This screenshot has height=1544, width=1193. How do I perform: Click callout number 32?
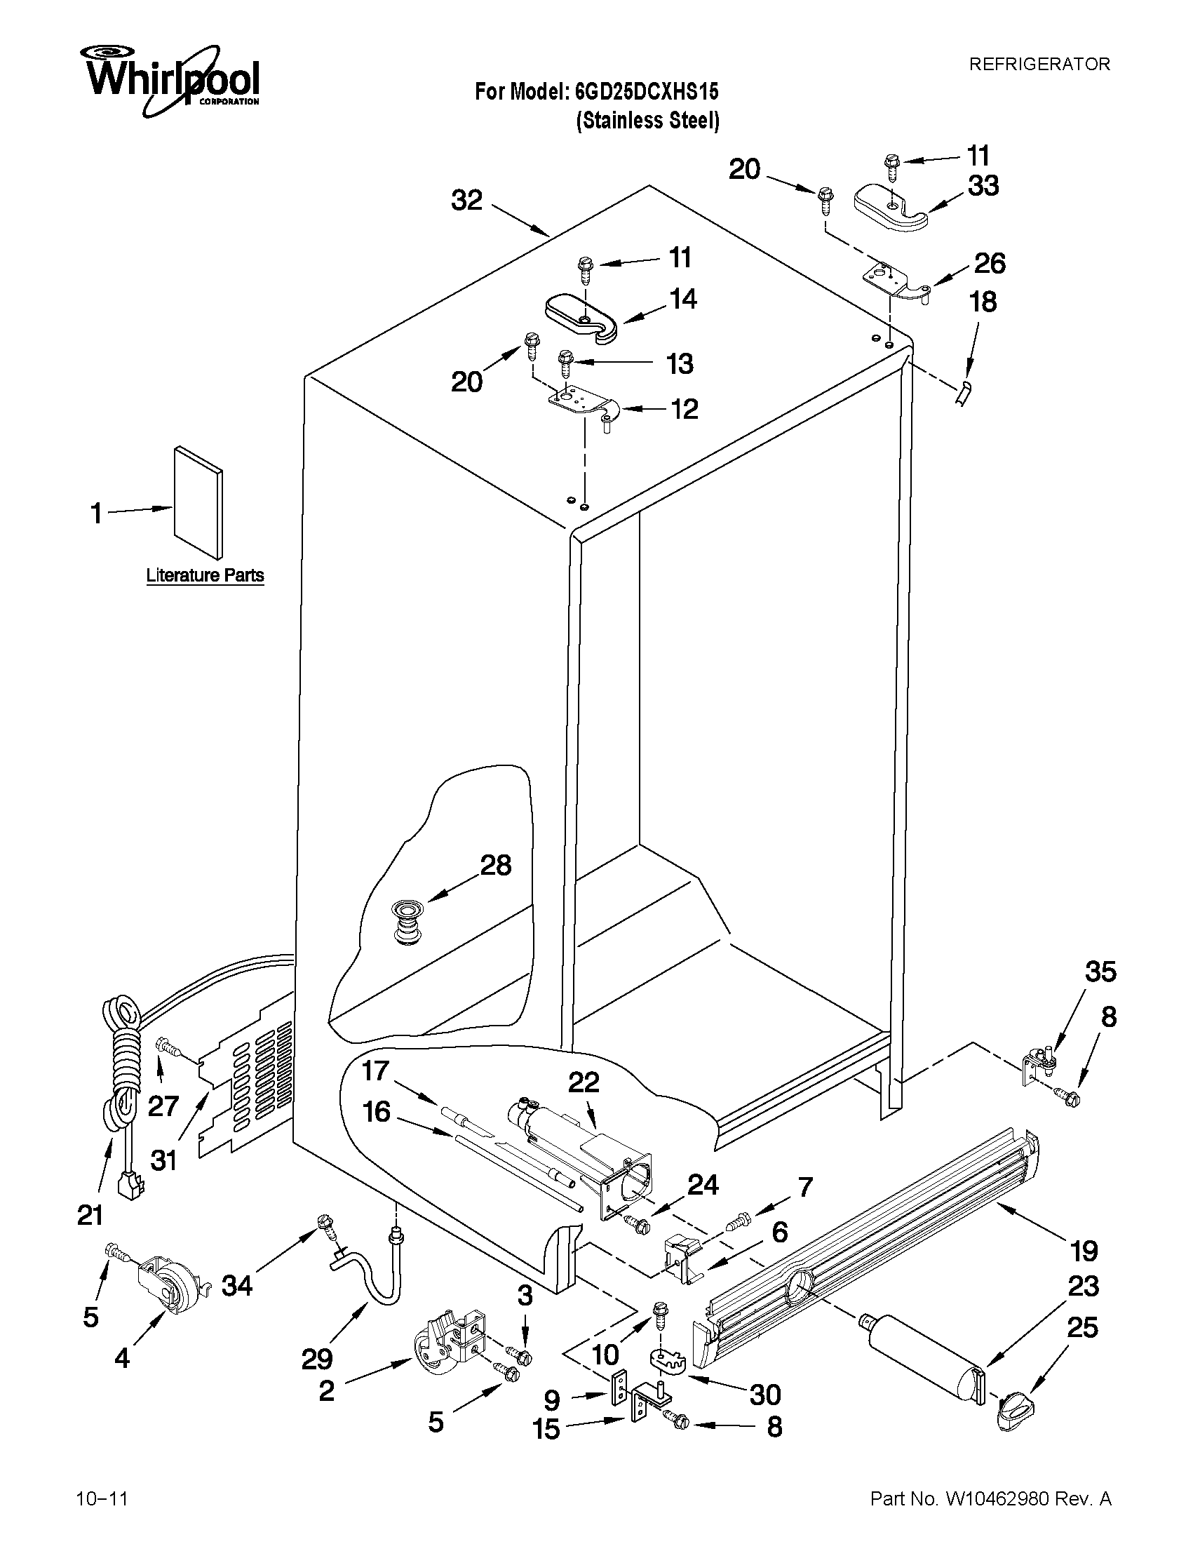coord(466,201)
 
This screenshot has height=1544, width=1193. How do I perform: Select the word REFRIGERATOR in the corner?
coord(1039,65)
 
